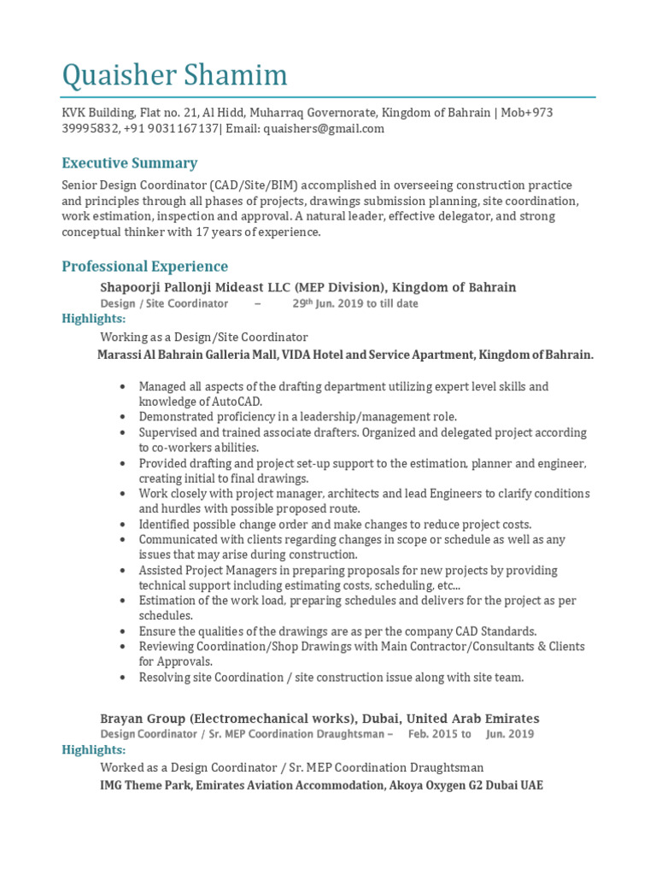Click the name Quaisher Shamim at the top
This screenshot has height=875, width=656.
coord(174,76)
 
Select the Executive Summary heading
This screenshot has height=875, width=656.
coord(129,163)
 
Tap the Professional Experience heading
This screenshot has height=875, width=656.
coord(144,267)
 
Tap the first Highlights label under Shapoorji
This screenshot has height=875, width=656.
coord(94,319)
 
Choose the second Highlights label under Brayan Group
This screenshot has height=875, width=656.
coord(94,749)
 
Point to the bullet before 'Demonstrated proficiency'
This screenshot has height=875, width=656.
coord(124,417)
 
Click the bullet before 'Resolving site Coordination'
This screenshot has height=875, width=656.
coord(124,678)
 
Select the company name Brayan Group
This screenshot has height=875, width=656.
coord(138,719)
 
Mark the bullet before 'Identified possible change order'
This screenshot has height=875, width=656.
coord(124,525)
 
